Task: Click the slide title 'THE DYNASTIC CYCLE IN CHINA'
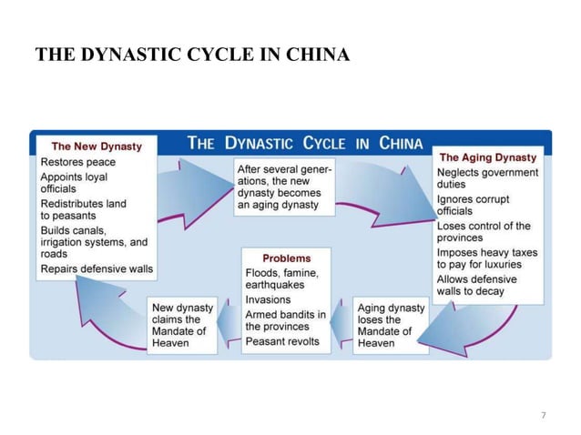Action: coord(191,56)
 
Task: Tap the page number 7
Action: coord(544,416)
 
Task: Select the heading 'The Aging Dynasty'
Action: coord(487,157)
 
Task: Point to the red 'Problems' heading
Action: coord(286,258)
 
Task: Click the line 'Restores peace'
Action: coord(77,162)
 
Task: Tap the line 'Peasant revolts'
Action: coord(282,341)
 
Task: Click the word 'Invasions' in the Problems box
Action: coord(269,299)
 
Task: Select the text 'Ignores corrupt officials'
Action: coord(474,205)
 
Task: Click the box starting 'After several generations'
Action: coord(283,187)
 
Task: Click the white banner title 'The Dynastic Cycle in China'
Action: coord(305,143)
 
